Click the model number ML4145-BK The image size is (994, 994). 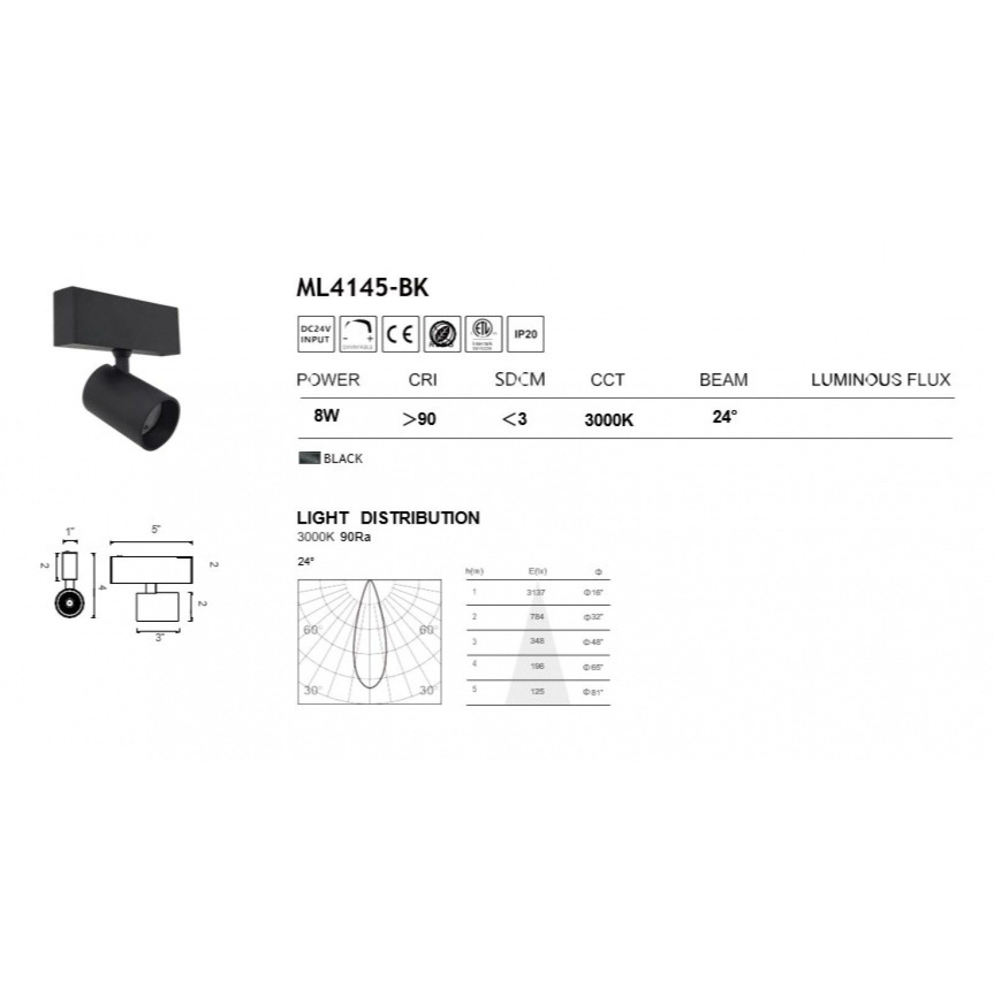(362, 288)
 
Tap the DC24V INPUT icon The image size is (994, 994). (316, 334)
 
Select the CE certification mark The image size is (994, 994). (400, 334)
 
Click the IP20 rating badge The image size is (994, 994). (525, 334)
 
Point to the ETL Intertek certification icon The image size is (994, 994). (483, 334)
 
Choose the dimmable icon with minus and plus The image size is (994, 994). (358, 334)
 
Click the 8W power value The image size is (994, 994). (326, 416)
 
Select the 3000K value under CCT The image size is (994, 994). (608, 421)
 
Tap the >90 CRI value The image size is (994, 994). (419, 419)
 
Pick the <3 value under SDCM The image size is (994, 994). (514, 419)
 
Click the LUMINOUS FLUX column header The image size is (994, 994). (880, 380)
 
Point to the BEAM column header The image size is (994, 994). (723, 380)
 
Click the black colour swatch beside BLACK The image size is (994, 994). (309, 458)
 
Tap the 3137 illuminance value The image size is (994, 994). (536, 593)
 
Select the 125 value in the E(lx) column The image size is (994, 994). (537, 691)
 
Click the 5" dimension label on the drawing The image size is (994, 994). (155, 530)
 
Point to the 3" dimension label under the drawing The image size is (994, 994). (159, 638)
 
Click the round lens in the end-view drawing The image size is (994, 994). (70, 603)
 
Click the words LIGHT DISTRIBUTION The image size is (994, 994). (388, 518)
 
